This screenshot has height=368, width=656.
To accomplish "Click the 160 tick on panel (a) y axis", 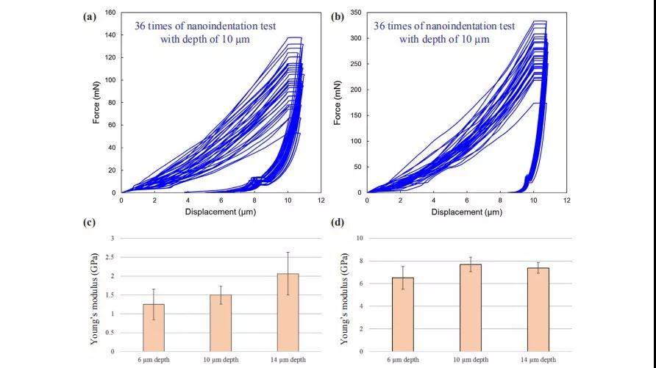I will coord(110,12).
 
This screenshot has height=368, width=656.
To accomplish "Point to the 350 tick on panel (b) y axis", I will coord(354,12).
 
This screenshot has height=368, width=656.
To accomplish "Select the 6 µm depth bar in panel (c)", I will coord(153,328).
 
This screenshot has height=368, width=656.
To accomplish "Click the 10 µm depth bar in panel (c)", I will coord(221,323).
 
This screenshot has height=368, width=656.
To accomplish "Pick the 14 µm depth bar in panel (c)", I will coord(288,312).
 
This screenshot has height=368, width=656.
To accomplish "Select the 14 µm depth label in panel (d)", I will coord(538,359).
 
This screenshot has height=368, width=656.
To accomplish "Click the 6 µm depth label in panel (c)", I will coord(153,359).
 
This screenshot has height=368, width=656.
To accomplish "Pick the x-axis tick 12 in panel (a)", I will coord(321,200).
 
